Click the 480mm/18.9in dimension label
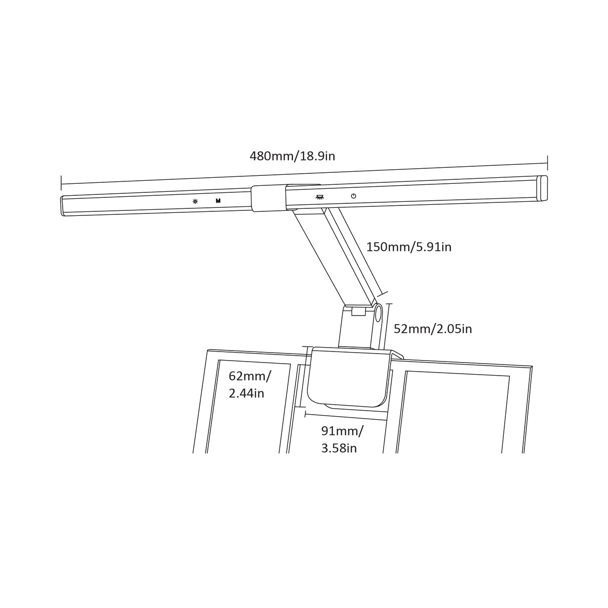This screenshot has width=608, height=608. point(292,156)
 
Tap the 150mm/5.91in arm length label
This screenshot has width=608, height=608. point(409,247)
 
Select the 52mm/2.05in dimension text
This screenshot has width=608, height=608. point(433,329)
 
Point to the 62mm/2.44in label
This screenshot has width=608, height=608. point(249,385)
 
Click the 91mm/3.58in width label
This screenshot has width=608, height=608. point(343,439)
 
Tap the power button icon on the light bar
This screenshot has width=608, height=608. point(354,196)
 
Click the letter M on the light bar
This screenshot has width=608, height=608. point(218,201)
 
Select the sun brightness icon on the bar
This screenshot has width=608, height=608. point(195,202)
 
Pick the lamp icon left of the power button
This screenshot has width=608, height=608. point(320,197)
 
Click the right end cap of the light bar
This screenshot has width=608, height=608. point(543,187)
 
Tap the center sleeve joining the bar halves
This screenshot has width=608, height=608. point(268,198)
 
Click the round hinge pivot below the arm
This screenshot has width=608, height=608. point(378,315)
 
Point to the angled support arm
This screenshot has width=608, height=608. point(335,257)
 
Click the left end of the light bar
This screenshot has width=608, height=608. point(63,206)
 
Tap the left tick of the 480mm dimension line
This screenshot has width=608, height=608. point(61,183)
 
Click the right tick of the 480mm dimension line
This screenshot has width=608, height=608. point(547,163)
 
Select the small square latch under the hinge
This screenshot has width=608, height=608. point(358,312)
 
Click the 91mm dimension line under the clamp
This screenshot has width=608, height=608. point(346,417)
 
